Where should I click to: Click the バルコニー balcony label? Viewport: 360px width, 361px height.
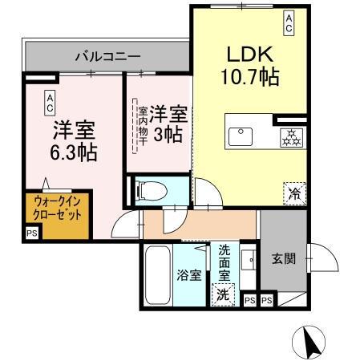[x=107, y=57]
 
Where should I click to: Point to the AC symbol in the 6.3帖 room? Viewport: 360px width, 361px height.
[x=50, y=101]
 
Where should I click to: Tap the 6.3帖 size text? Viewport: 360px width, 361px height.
[x=75, y=152]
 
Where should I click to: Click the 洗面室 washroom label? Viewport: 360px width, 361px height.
[x=224, y=262]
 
